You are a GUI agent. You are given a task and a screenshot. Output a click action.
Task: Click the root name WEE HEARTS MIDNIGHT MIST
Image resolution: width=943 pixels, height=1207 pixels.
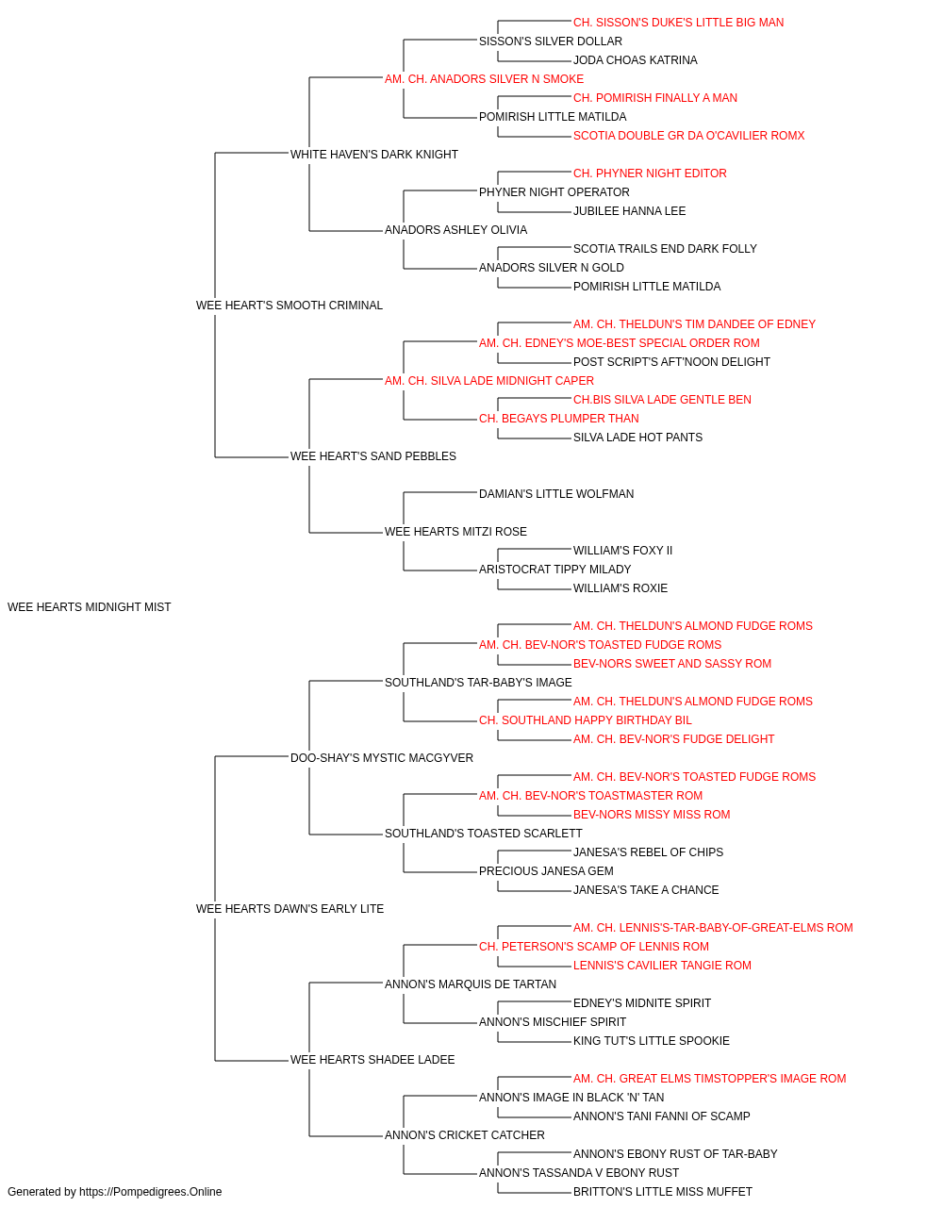point(89,607)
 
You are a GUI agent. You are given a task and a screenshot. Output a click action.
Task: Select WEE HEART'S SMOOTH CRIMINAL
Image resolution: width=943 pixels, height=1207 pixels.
point(290,306)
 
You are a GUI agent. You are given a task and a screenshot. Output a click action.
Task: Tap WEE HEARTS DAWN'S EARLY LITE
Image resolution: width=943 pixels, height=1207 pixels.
point(290,909)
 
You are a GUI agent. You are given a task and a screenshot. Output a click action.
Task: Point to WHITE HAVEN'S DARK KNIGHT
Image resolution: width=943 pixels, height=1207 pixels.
point(374,155)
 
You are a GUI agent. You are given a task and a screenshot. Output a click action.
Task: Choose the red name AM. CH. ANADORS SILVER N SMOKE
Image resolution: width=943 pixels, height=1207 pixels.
point(485,79)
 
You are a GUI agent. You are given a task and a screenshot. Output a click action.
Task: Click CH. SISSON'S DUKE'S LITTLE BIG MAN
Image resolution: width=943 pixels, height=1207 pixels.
point(679,23)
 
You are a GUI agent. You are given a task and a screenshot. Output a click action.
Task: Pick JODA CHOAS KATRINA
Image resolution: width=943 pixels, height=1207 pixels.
point(636,60)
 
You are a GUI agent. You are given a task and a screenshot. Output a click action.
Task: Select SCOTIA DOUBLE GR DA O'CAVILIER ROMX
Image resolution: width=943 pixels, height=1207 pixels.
point(689,136)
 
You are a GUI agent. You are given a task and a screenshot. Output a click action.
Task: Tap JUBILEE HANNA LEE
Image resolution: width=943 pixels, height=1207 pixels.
point(630,211)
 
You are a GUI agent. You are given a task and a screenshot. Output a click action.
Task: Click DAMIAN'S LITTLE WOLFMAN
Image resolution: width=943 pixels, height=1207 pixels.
point(556,494)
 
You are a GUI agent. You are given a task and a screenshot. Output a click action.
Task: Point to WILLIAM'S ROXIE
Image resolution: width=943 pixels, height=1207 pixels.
point(620,588)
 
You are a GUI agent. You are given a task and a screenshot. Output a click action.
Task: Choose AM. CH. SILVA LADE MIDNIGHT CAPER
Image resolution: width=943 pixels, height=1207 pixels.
point(489,380)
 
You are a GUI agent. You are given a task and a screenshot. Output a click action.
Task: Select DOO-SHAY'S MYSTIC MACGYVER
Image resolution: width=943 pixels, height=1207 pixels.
point(382,758)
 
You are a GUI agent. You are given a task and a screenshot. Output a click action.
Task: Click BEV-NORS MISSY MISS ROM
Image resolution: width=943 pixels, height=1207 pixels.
point(652,815)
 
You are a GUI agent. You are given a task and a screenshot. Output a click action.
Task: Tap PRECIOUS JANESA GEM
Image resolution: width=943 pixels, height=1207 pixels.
point(547,871)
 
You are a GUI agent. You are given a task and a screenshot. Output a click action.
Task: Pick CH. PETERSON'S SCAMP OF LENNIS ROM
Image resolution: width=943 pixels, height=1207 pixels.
point(594,947)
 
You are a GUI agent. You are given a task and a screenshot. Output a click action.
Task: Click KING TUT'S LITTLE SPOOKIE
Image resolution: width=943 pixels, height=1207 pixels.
point(652,1041)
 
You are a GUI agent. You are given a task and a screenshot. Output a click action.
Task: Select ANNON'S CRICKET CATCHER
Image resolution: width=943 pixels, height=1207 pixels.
point(465,1134)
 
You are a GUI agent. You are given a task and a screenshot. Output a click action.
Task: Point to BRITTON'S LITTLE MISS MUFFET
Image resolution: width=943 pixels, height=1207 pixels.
point(663,1192)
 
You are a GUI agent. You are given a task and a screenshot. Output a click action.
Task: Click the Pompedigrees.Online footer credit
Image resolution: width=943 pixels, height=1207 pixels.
point(114,1192)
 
